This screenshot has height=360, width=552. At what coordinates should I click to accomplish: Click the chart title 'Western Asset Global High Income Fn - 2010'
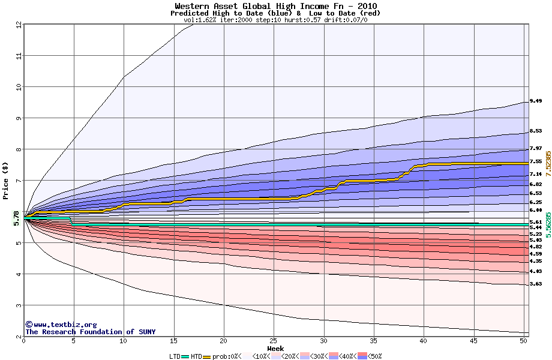(x=276, y=5)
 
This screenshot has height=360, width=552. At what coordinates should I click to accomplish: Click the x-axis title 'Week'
(x=275, y=349)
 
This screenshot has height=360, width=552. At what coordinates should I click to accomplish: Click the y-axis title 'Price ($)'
(x=5, y=181)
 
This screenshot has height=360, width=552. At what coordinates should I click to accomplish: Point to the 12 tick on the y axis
(x=19, y=25)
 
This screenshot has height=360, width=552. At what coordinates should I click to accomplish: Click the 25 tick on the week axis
(x=274, y=341)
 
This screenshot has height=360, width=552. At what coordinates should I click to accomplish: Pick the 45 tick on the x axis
(x=473, y=341)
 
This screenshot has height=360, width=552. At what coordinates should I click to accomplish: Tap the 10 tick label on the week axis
(x=124, y=341)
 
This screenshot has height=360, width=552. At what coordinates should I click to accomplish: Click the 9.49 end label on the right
(x=536, y=101)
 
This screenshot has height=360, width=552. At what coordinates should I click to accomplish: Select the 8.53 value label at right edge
(x=536, y=131)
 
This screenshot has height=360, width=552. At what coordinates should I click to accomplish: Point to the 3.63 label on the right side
(x=536, y=284)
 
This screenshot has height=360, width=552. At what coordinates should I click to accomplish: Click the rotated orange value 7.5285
(x=548, y=163)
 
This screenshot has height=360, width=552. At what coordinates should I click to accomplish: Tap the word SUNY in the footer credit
(x=146, y=332)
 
